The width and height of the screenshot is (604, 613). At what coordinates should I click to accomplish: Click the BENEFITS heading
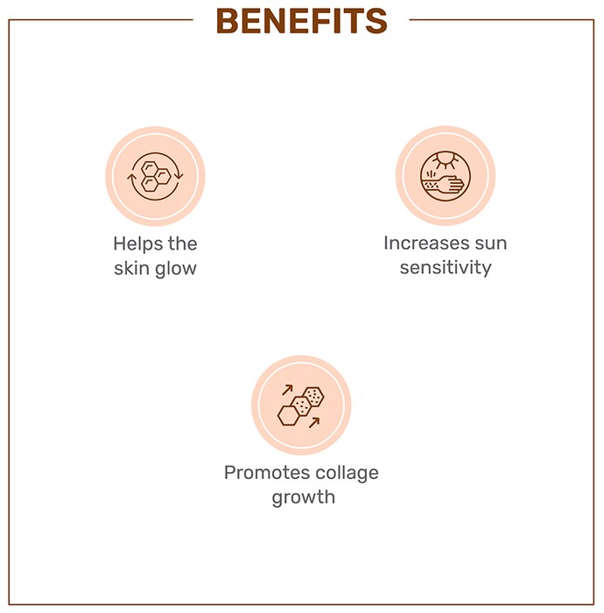pos(302,21)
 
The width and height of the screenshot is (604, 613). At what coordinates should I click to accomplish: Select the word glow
pos(176,269)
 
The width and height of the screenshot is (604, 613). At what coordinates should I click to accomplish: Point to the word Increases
pos(425,243)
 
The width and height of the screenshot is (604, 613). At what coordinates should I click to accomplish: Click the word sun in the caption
pos(491,243)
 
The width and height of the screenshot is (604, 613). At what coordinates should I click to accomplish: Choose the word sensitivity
pos(446,268)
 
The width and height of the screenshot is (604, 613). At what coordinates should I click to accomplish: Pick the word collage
pos(347,474)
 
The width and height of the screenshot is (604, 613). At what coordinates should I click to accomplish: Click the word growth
pos(304,497)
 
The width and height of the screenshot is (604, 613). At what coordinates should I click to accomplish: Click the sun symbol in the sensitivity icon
pos(446,159)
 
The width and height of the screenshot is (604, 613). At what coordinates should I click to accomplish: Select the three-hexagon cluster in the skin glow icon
pos(156,176)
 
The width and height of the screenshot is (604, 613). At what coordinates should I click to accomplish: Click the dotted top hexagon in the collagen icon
pos(313,397)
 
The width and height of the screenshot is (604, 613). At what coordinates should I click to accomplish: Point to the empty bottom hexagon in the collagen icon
pos(288,416)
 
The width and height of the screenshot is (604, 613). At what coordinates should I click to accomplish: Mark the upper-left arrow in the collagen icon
pos(287,390)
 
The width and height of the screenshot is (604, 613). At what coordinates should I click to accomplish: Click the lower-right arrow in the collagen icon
pos(314,423)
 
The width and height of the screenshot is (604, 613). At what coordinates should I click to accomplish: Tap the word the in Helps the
pos(182,244)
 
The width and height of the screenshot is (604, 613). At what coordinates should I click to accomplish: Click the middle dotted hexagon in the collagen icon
pos(301,406)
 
